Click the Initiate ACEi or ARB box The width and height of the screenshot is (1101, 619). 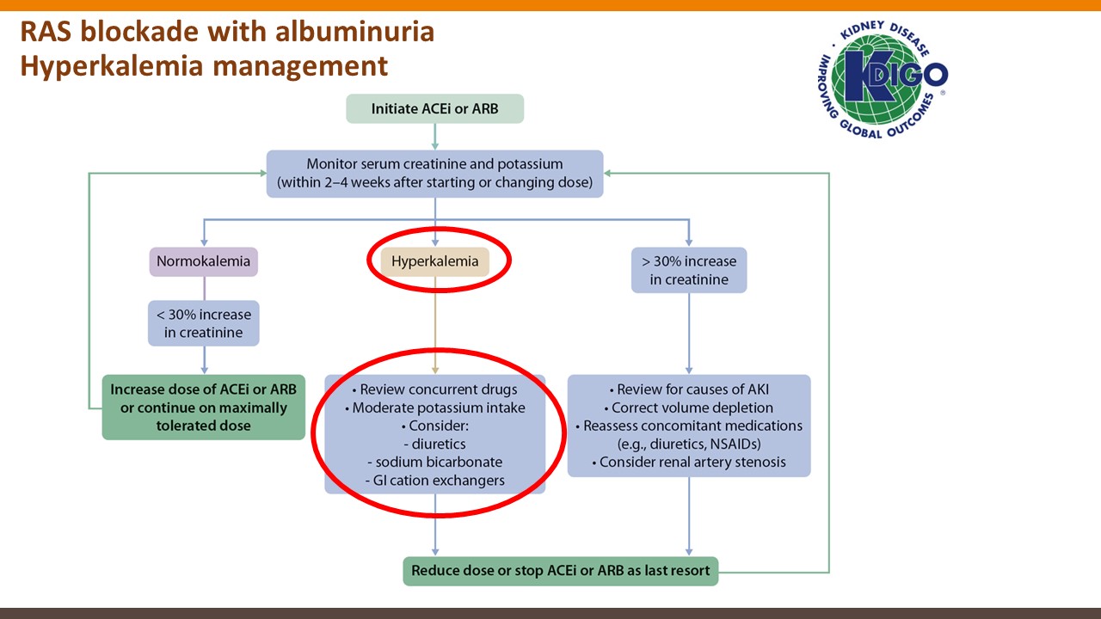(x=434, y=109)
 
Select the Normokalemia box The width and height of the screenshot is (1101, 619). (x=203, y=261)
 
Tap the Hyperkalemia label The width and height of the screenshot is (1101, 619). (x=434, y=261)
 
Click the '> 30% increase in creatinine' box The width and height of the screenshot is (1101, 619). (x=688, y=270)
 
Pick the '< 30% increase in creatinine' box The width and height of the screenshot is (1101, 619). (x=204, y=323)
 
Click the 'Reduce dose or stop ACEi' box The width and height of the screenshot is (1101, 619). (x=560, y=570)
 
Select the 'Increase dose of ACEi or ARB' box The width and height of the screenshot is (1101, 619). (x=203, y=408)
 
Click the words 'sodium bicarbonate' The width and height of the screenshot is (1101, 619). (x=439, y=462)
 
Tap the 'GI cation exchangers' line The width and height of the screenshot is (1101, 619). (x=435, y=481)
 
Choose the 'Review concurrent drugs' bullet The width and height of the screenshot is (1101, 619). (x=434, y=389)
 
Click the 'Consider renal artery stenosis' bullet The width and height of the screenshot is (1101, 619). (x=689, y=463)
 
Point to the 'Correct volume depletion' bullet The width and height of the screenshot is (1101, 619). (x=689, y=408)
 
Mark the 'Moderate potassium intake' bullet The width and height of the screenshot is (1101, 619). (x=434, y=408)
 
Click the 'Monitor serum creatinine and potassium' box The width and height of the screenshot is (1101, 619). (x=434, y=174)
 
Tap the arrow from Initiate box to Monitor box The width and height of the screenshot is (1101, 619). (x=434, y=137)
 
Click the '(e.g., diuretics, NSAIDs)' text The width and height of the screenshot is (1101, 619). (x=689, y=444)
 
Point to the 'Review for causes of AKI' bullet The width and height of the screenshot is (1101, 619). (x=689, y=389)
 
